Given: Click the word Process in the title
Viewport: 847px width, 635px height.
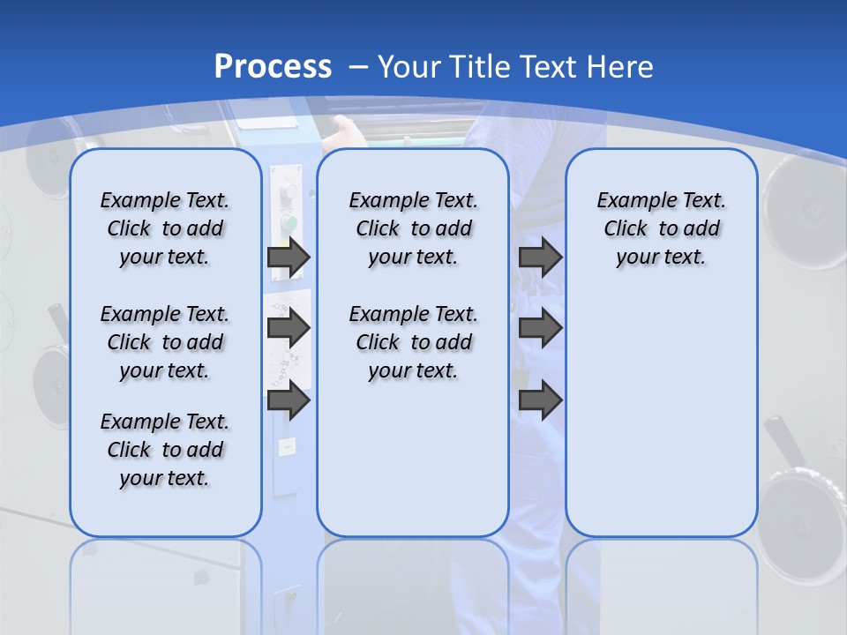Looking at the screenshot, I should (273, 67).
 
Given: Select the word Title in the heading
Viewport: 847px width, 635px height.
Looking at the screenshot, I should (481, 67).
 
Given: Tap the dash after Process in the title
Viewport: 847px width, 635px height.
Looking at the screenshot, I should (358, 68).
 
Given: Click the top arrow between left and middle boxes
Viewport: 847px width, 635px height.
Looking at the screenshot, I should (289, 258).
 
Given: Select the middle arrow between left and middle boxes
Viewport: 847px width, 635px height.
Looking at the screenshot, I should (289, 329).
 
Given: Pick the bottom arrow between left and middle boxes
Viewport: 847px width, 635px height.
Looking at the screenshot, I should (289, 400).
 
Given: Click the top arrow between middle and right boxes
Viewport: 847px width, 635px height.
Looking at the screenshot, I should (540, 258).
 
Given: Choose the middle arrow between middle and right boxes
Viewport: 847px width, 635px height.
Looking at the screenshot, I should (540, 329).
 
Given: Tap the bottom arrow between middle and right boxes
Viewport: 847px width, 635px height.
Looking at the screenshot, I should (540, 400).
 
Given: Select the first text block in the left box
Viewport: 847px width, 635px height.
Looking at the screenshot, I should (165, 228).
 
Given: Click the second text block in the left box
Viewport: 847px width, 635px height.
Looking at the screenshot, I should (165, 342).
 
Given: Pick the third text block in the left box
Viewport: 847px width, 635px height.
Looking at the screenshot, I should (165, 450).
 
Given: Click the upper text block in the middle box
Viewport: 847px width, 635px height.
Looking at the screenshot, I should (413, 228).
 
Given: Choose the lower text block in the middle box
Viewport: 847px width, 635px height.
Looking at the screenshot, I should (413, 342).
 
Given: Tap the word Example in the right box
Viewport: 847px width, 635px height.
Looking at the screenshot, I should (628, 201).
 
